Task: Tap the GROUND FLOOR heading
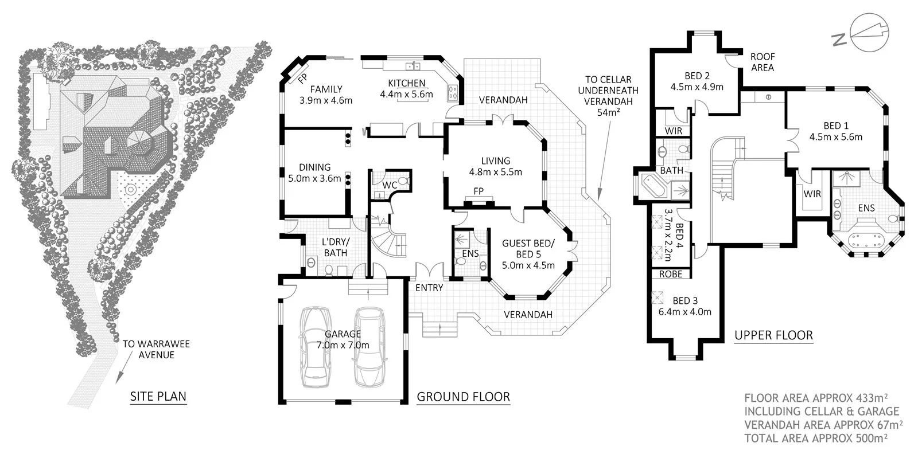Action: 463,397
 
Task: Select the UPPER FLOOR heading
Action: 773,335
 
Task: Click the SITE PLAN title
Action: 158,396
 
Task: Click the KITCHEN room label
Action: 406,84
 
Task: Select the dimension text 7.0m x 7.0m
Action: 343,345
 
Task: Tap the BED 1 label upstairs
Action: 836,126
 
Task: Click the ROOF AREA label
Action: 763,62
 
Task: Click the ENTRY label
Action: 429,288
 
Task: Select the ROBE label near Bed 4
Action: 670,274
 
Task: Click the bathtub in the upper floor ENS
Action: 864,240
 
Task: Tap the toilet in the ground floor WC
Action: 403,182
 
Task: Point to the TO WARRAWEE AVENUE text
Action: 156,349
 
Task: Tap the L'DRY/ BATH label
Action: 335,247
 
